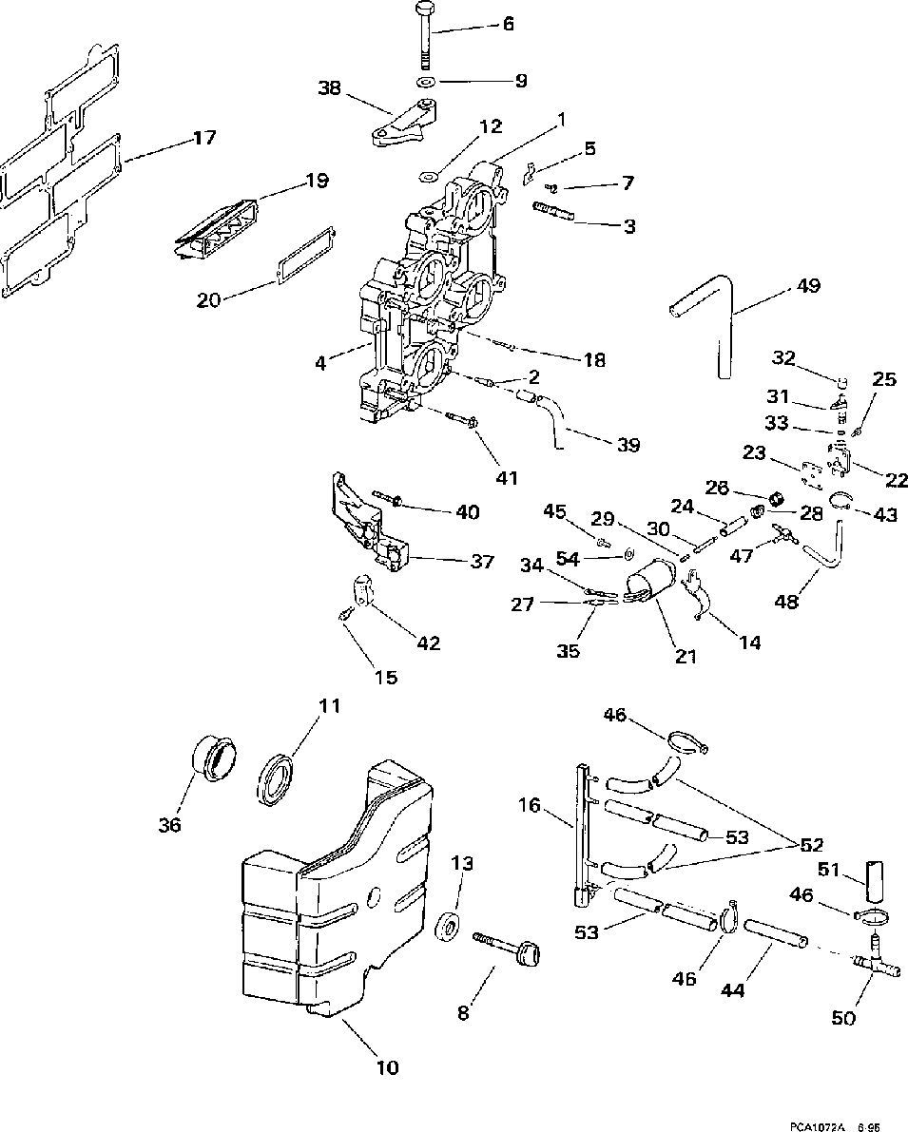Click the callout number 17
tap(203, 139)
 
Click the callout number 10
tap(386, 1067)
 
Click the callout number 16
tap(530, 806)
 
